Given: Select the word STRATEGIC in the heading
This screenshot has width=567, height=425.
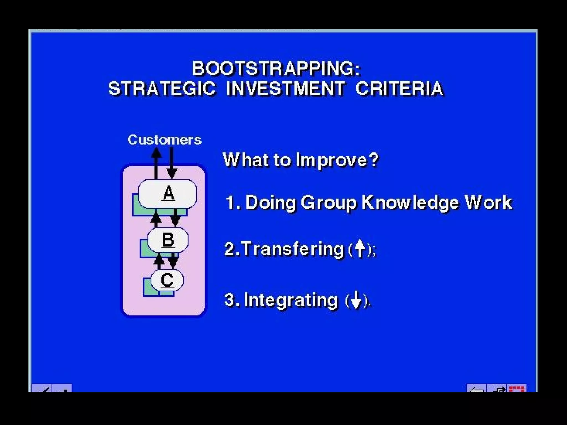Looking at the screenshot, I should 162,89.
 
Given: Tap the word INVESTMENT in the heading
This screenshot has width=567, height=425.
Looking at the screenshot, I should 285,89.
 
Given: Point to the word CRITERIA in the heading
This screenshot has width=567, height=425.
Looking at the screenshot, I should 399,89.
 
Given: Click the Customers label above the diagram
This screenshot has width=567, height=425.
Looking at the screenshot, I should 164,140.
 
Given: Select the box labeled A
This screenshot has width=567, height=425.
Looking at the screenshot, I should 168,193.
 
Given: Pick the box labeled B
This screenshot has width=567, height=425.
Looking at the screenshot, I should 168,240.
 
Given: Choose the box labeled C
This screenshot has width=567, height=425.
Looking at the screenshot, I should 167,280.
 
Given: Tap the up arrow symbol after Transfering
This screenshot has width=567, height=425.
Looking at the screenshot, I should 360,248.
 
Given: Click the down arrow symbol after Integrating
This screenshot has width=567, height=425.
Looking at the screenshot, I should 356,300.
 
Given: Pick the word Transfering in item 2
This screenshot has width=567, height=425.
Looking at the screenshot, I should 293,249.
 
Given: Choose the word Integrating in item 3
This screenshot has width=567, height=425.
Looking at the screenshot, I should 291,300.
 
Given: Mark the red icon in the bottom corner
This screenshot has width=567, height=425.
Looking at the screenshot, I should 517,388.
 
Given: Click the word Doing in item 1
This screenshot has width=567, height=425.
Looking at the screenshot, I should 270,203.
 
